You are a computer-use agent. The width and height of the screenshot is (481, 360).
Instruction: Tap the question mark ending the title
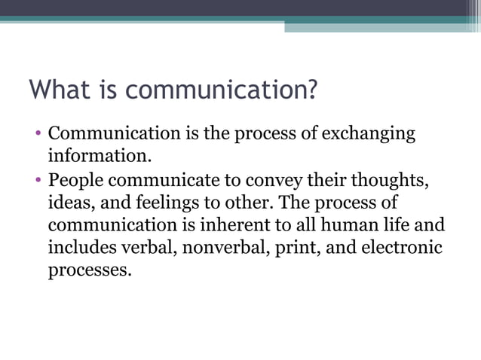click(309, 91)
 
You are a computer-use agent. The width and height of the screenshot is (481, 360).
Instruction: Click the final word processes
click(84, 270)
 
